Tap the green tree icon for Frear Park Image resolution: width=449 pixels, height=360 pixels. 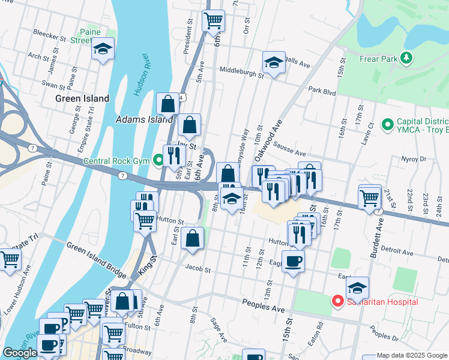[406, 58]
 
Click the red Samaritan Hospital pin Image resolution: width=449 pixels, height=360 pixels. [338, 301]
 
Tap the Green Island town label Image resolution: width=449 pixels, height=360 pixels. [82, 98]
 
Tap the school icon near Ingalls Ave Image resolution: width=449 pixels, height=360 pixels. [273, 62]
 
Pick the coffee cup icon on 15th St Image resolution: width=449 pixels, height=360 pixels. [293, 261]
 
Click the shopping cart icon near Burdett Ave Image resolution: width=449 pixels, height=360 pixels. [370, 196]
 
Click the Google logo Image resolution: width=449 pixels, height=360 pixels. [20, 353]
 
